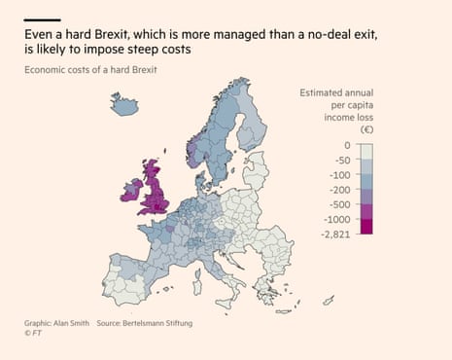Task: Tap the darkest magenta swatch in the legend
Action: (x=365, y=226)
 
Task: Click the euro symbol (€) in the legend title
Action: (x=365, y=128)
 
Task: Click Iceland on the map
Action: (x=125, y=104)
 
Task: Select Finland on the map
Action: (x=252, y=122)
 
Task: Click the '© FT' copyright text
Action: (x=34, y=334)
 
